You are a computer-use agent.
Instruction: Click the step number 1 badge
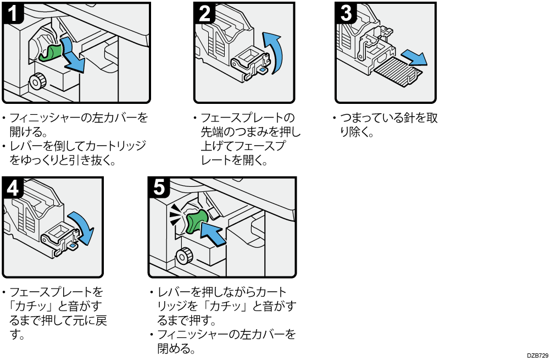click(x=13, y=12)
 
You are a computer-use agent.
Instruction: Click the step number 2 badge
click(x=204, y=12)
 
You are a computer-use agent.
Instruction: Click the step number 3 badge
click(x=346, y=12)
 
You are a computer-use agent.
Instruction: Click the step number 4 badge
click(x=13, y=188)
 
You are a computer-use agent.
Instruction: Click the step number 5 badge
click(x=159, y=188)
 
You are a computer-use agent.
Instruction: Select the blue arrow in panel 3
click(x=413, y=56)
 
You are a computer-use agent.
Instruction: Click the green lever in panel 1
click(x=52, y=52)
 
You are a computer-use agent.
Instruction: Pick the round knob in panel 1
click(x=37, y=81)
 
